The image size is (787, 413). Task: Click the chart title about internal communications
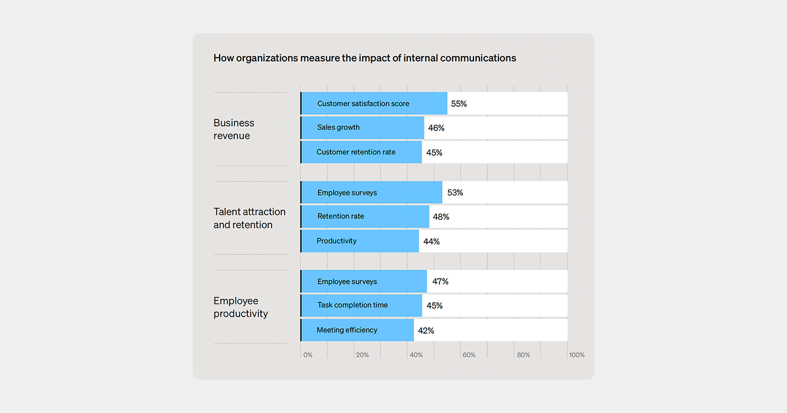pyautogui.click(x=365, y=58)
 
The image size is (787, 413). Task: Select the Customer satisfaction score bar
pyautogui.click(x=374, y=104)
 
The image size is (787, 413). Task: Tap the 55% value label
pyautogui.click(x=458, y=104)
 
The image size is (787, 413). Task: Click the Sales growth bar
pyautogui.click(x=362, y=128)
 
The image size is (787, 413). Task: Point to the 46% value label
pyautogui.click(x=436, y=128)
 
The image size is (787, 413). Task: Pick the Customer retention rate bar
pyautogui.click(x=361, y=152)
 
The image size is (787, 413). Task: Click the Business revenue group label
pyautogui.click(x=234, y=129)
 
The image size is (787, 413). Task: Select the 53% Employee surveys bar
pyautogui.click(x=371, y=193)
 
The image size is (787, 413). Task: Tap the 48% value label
pyautogui.click(x=441, y=217)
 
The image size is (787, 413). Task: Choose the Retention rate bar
pyautogui.click(x=365, y=217)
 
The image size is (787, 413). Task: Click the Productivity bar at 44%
pyautogui.click(x=359, y=241)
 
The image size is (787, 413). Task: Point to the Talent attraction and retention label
pyautogui.click(x=249, y=218)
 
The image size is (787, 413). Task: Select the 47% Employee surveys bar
pyautogui.click(x=363, y=282)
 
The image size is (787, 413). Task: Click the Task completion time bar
pyautogui.click(x=361, y=305)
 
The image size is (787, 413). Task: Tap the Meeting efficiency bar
pyautogui.click(x=357, y=330)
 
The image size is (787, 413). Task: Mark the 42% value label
pyautogui.click(x=426, y=330)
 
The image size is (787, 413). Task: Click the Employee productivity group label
pyautogui.click(x=241, y=307)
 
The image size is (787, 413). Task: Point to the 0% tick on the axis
pyautogui.click(x=308, y=355)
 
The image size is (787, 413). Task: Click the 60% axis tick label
pyautogui.click(x=469, y=355)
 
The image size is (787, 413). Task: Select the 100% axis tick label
pyautogui.click(x=576, y=355)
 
